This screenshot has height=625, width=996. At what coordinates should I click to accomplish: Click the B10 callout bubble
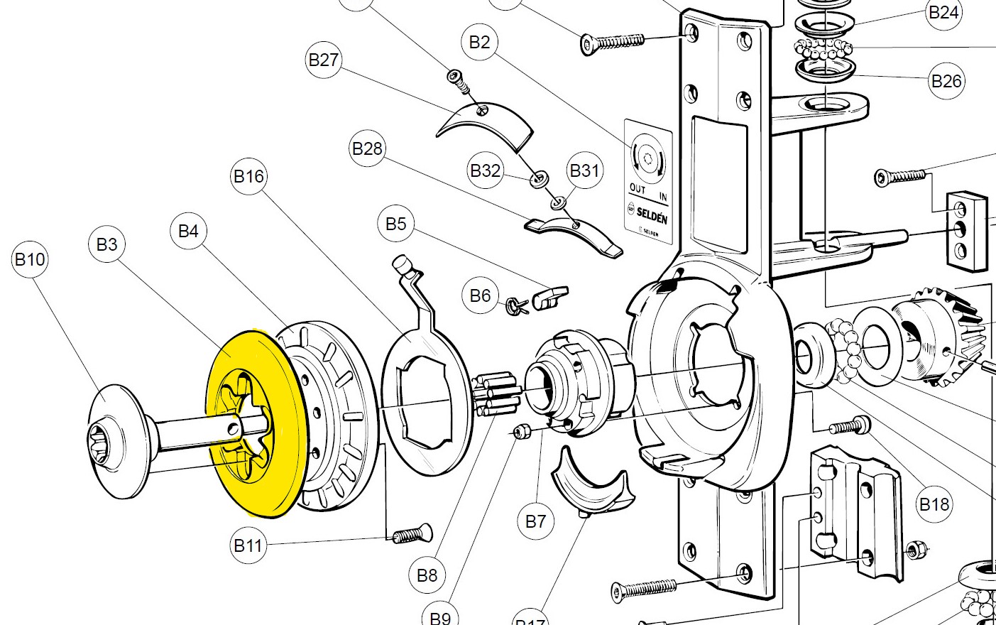(x=30, y=259)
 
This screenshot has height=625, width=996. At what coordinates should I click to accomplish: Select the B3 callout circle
(x=106, y=244)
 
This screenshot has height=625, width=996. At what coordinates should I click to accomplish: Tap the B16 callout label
(x=248, y=176)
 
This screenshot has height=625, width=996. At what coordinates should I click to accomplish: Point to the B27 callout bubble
(x=324, y=60)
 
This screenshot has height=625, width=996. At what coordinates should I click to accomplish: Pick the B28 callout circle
(x=367, y=148)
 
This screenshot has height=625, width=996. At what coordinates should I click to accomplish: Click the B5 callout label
(x=395, y=224)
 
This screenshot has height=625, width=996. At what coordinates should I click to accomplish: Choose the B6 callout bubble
(x=480, y=295)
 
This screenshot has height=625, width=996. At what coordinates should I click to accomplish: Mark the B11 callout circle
(x=248, y=545)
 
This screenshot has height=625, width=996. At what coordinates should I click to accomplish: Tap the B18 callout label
(x=934, y=504)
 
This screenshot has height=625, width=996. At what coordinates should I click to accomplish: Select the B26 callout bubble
(x=946, y=81)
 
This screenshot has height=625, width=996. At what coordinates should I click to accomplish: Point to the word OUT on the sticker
(x=637, y=190)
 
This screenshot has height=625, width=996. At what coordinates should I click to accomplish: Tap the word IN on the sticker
(x=663, y=197)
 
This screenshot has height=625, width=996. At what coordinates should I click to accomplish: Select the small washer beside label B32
(x=540, y=178)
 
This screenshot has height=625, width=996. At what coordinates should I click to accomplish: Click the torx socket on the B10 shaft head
(x=99, y=442)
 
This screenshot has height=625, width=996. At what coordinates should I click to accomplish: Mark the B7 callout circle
(x=535, y=521)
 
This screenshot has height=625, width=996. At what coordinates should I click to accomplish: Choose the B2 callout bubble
(x=479, y=42)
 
